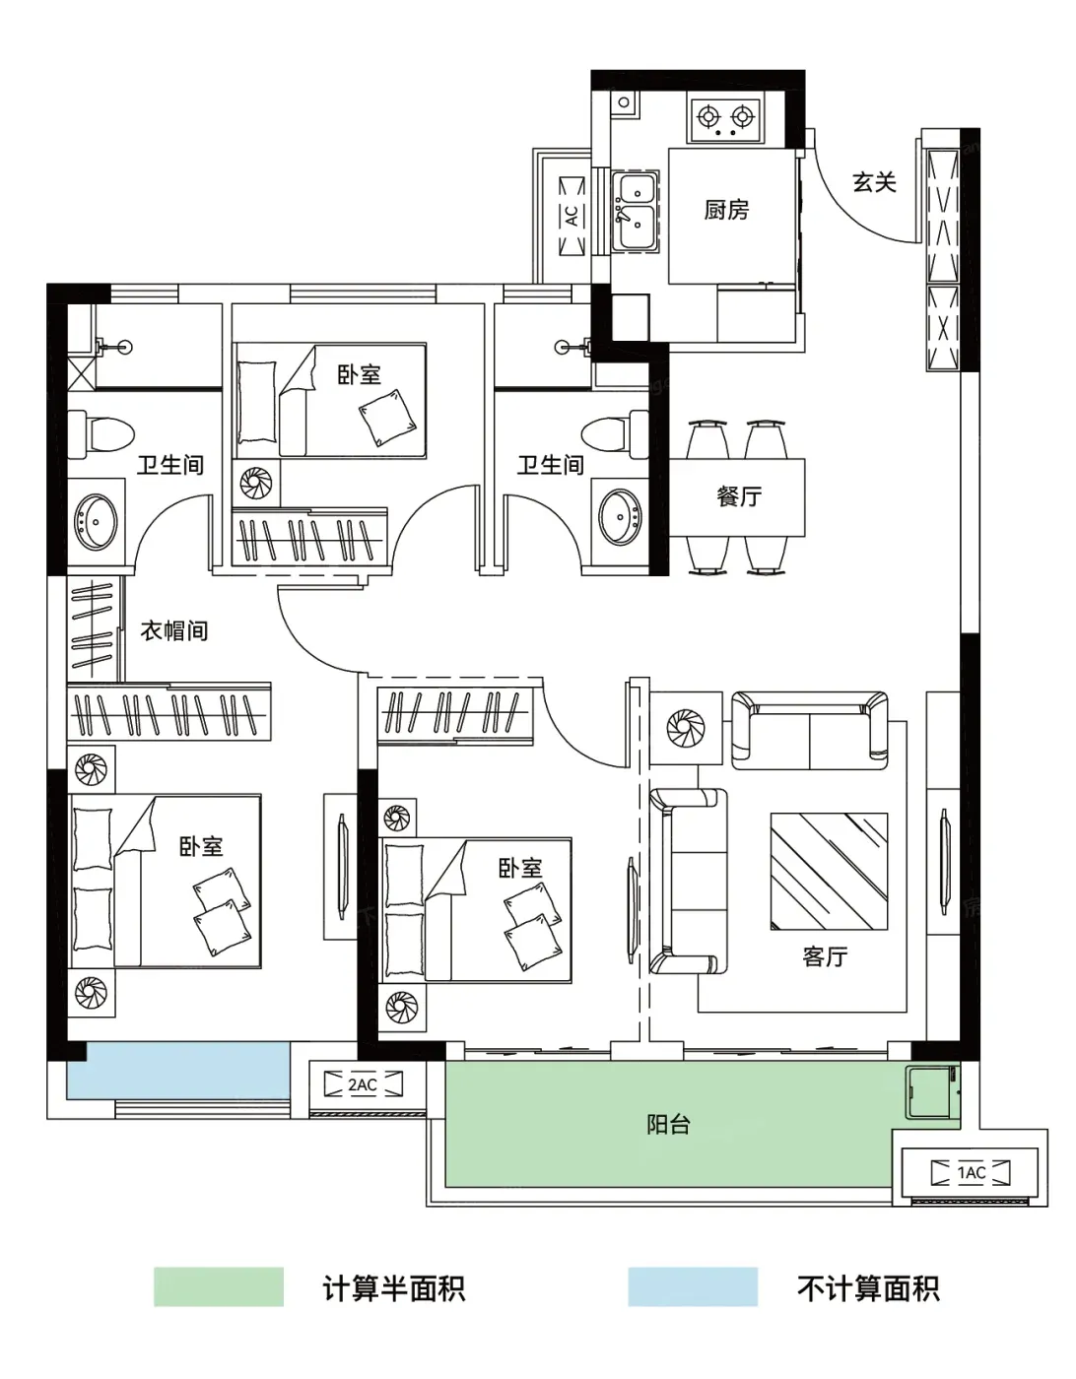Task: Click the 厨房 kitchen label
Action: (x=726, y=210)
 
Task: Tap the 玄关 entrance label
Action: (x=874, y=183)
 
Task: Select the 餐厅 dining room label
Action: (x=739, y=496)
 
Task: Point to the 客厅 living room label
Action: (x=825, y=955)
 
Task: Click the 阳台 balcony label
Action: (x=668, y=1125)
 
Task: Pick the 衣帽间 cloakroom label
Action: (x=174, y=630)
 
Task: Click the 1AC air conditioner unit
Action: (x=971, y=1173)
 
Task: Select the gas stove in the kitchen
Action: (x=725, y=118)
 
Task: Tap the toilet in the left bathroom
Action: (x=101, y=434)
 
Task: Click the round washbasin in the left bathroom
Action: (x=96, y=522)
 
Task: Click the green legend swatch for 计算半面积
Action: (x=219, y=1287)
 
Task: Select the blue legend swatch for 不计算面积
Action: (x=693, y=1287)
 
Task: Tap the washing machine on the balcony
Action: (x=933, y=1090)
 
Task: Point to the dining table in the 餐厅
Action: (x=737, y=496)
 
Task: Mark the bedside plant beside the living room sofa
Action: (x=686, y=727)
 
